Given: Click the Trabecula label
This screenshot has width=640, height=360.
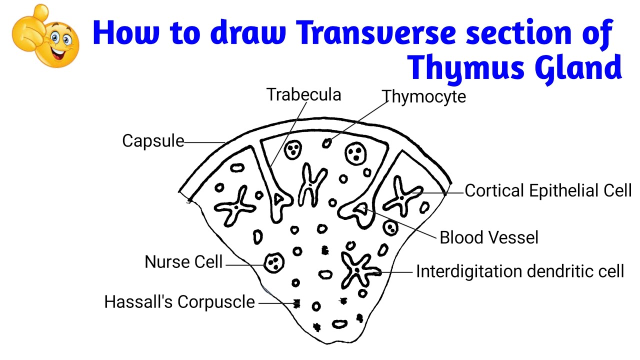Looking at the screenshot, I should click(x=303, y=95).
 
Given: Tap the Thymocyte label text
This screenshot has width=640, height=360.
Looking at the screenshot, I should click(x=423, y=96).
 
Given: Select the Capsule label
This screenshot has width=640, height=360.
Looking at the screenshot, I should click(x=153, y=141).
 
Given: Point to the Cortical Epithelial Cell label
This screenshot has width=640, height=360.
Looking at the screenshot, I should click(x=548, y=191).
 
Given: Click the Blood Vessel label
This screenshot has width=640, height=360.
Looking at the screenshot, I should click(x=489, y=237).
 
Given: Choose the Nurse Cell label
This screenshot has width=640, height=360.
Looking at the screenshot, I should click(x=183, y=262).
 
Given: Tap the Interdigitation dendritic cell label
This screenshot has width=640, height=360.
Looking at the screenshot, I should click(x=520, y=271).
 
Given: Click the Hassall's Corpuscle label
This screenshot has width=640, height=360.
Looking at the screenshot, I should click(x=179, y=302).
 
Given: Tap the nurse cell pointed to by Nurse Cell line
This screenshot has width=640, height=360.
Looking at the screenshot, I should click(x=273, y=262).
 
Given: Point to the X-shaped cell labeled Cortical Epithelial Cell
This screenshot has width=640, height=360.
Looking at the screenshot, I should click(x=403, y=195).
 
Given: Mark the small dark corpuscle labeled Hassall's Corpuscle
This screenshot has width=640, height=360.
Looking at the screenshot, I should click(x=297, y=303).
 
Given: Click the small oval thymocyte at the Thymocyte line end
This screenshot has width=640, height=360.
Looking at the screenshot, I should click(x=326, y=143).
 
